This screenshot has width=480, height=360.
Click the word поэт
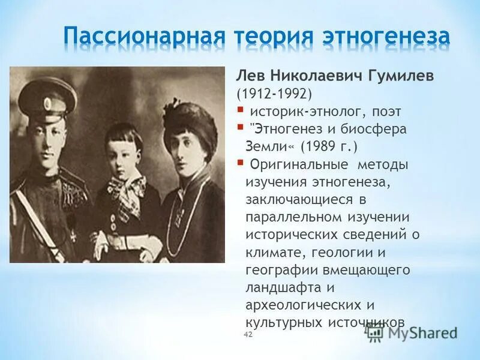pos(385,111)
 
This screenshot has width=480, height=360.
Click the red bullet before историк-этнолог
pos(240,109)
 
